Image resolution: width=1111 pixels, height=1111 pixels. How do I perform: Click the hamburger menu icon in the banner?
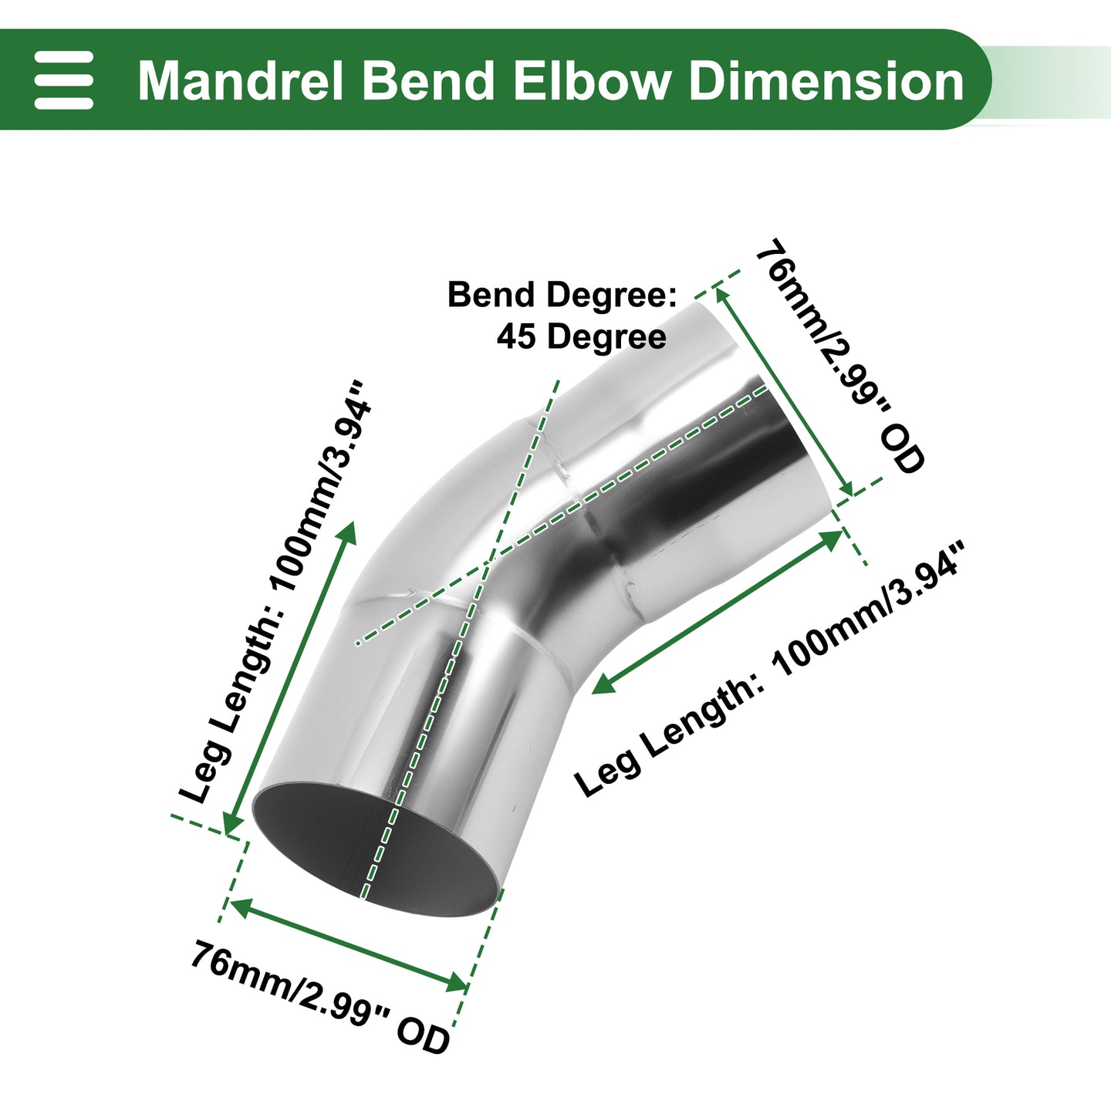pos(63,79)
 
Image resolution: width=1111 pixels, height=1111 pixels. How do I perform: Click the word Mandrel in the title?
pos(241,80)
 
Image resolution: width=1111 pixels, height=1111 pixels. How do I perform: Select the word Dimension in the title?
pos(826,80)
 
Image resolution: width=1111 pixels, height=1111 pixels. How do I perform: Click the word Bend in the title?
pos(428,80)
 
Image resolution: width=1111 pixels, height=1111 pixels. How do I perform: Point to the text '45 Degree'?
pos(581,336)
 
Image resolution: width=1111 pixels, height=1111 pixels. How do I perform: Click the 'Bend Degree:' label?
pos(562,295)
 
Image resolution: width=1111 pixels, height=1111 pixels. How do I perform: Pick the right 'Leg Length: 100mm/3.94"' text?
pos(768,669)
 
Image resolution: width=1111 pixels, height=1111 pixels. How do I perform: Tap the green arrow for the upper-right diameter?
pos(784,391)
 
